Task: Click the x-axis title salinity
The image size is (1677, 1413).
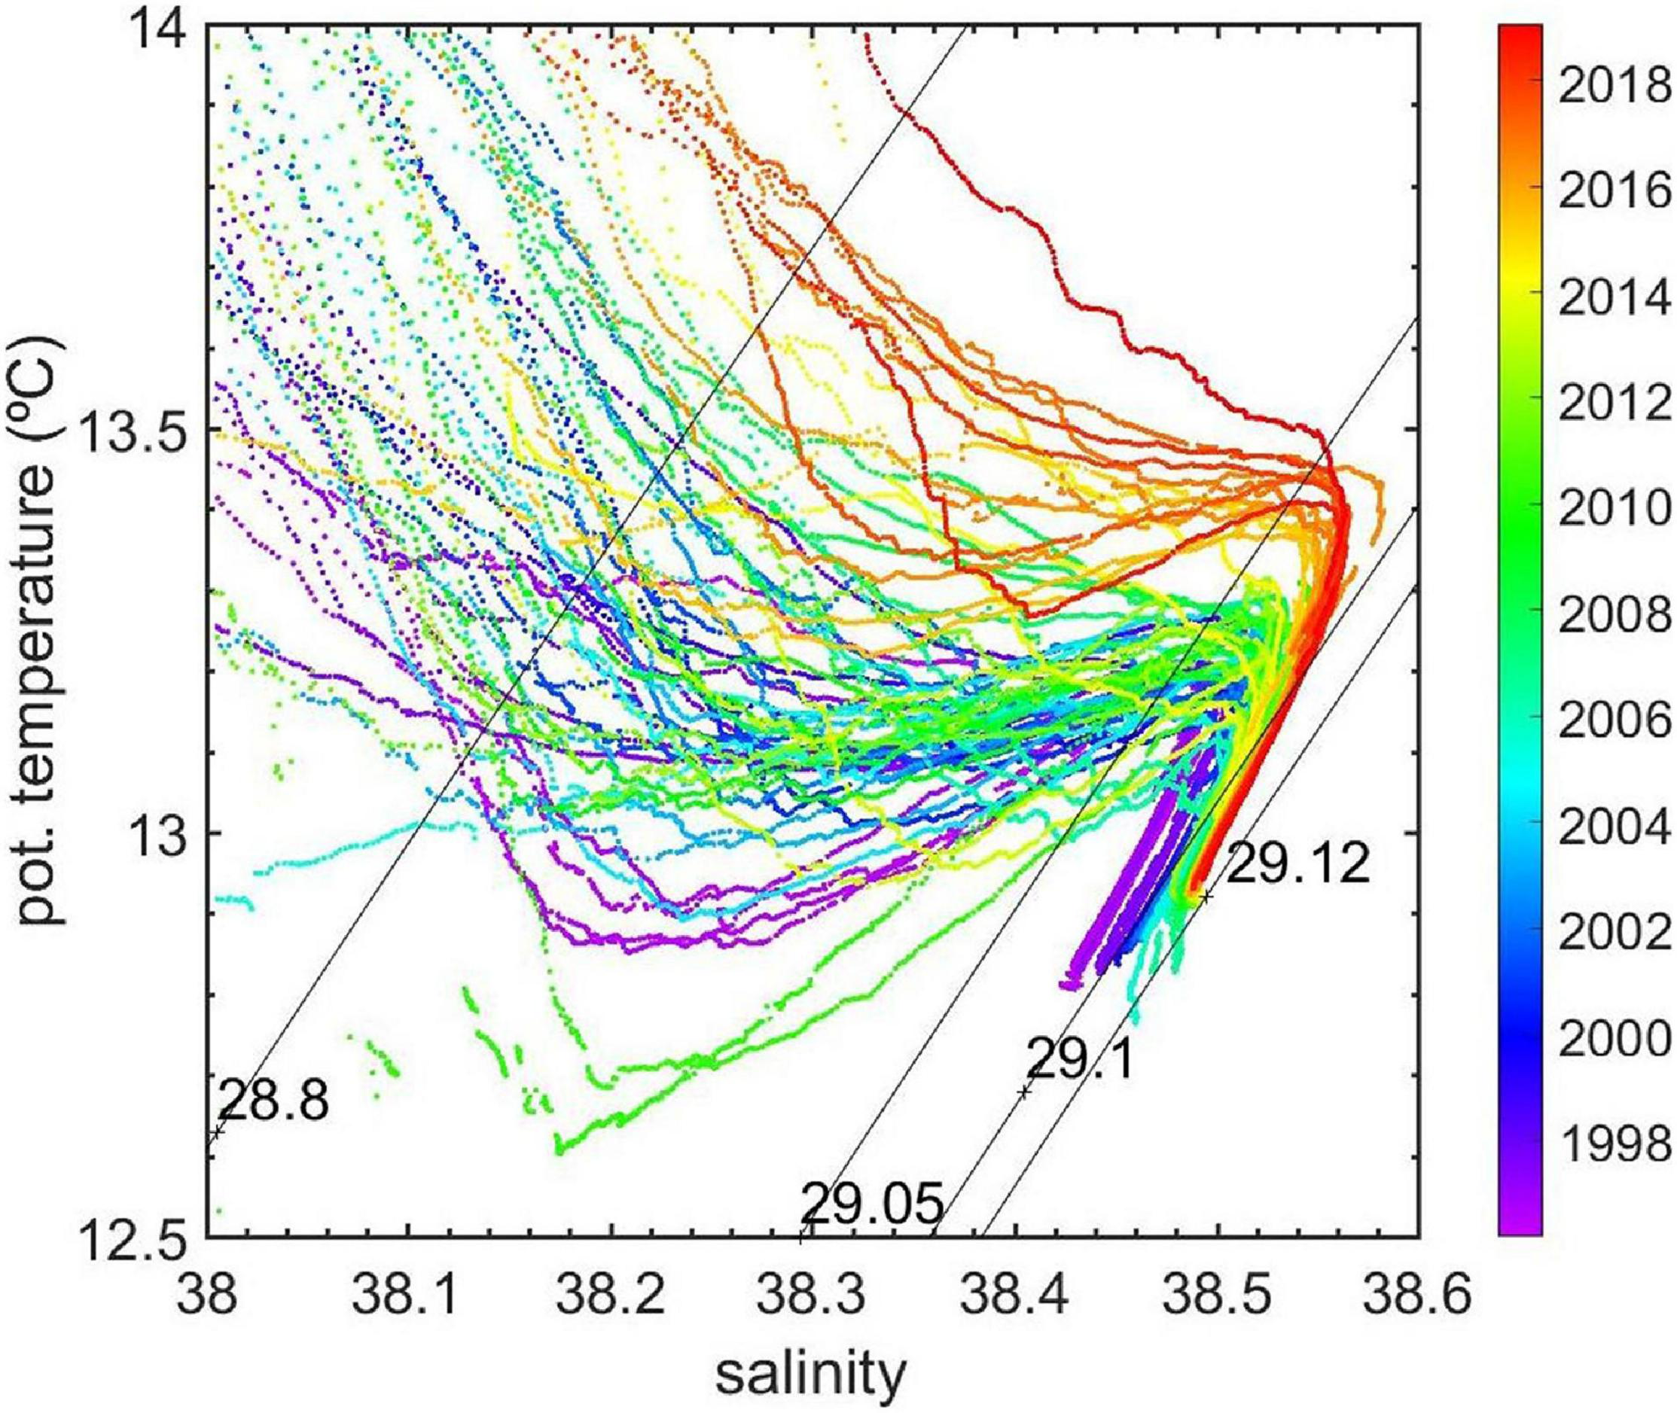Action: [x=810, y=1375]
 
